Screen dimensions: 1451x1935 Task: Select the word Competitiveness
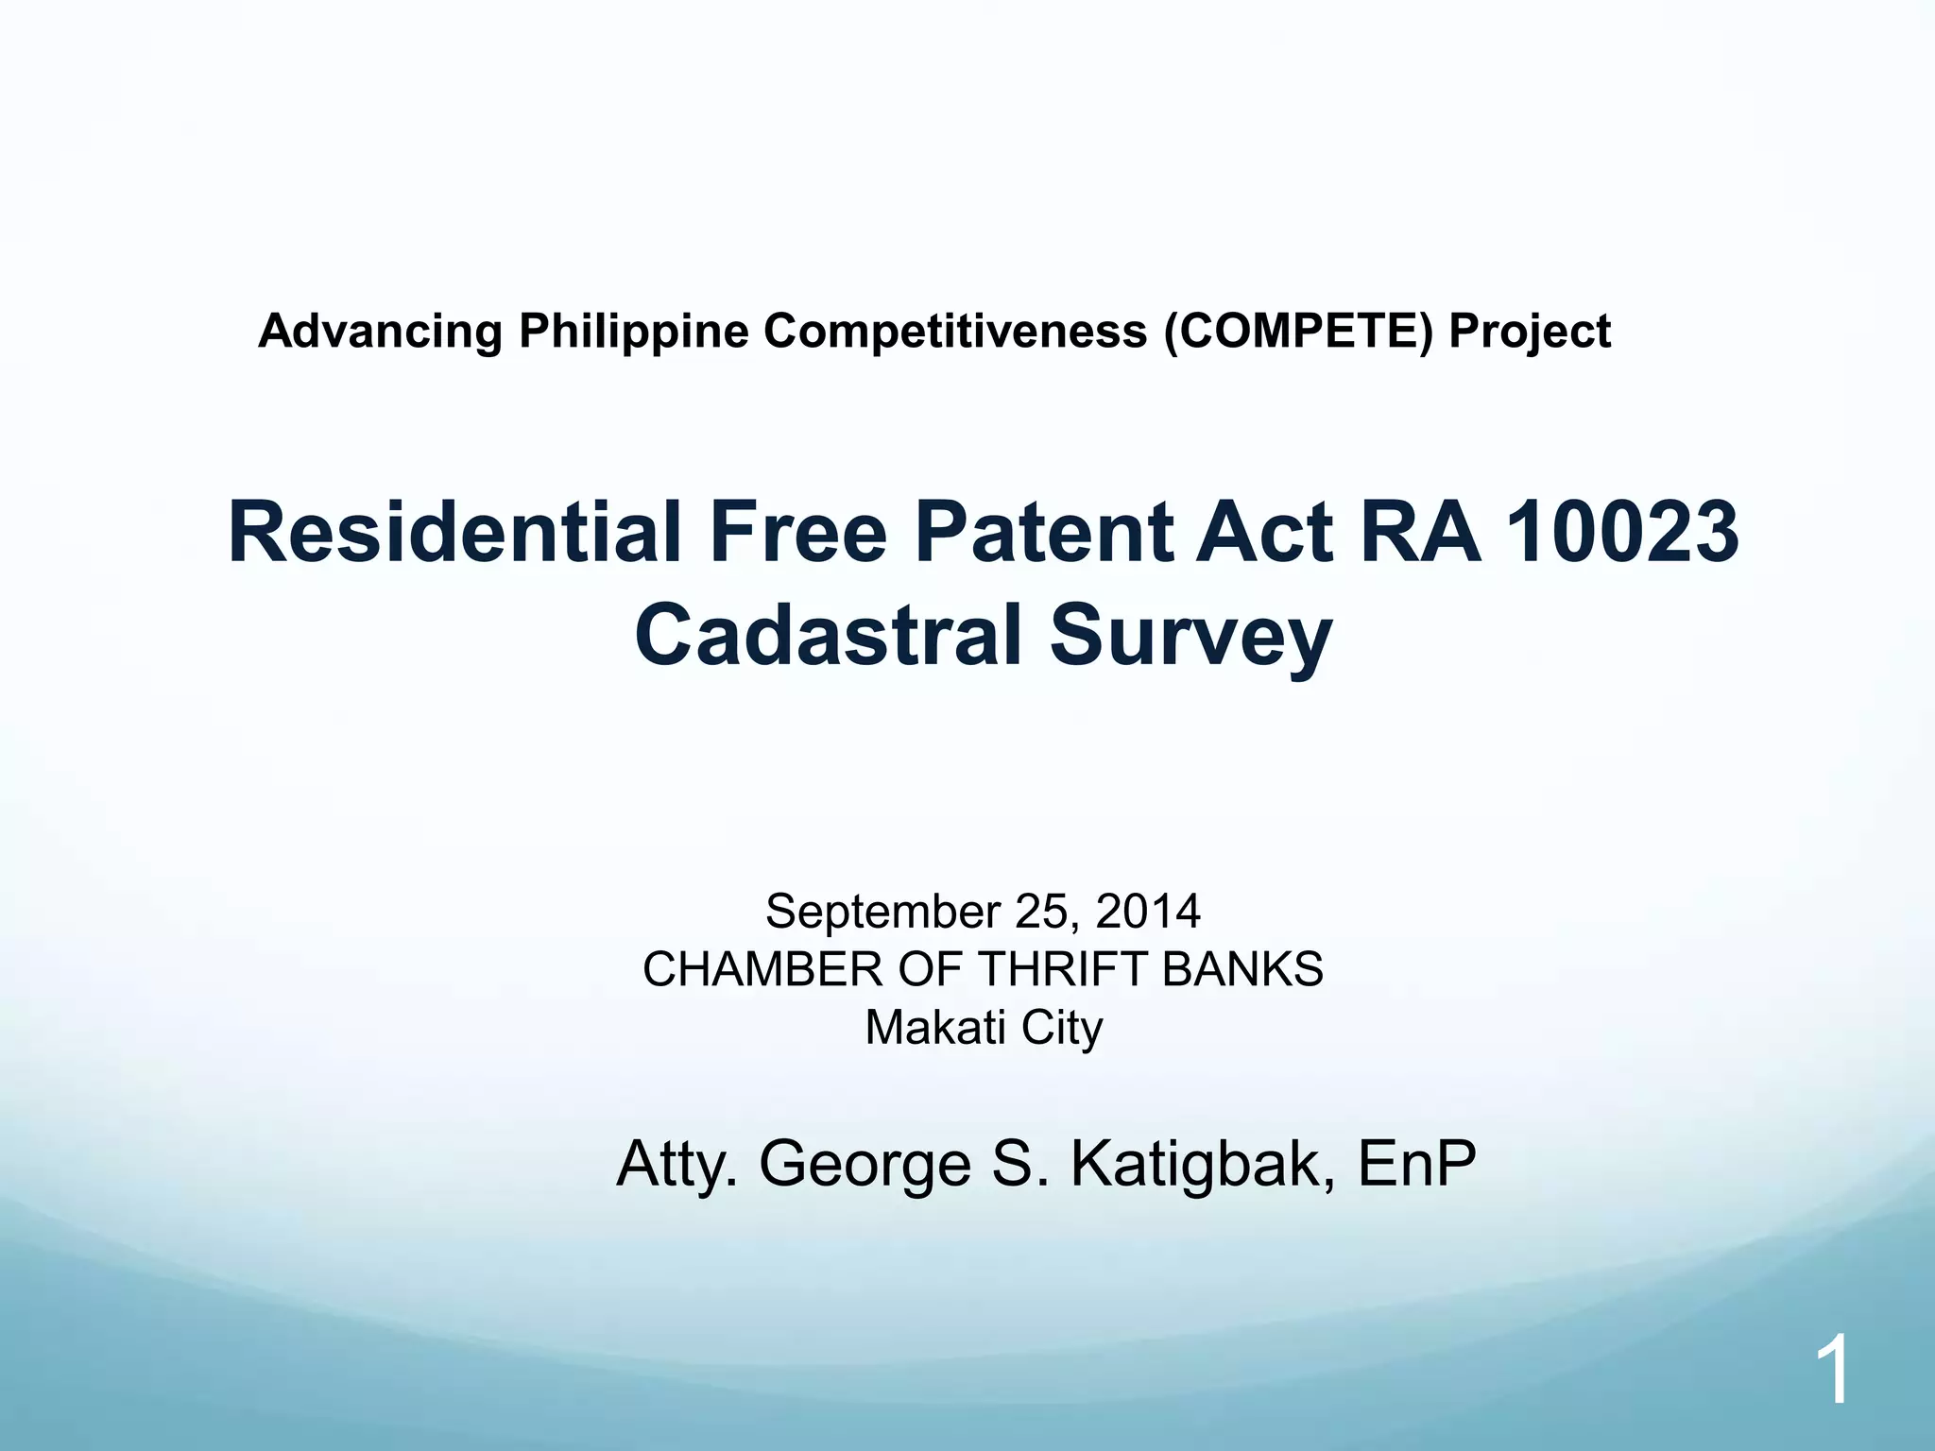(954, 333)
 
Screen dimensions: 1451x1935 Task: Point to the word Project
(1530, 333)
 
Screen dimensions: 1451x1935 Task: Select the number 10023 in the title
(1621, 533)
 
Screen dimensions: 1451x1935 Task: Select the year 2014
(1148, 911)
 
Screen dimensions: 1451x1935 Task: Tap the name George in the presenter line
(865, 1166)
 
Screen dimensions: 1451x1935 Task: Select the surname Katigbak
(1203, 1166)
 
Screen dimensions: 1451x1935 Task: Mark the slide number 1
(1832, 1372)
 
